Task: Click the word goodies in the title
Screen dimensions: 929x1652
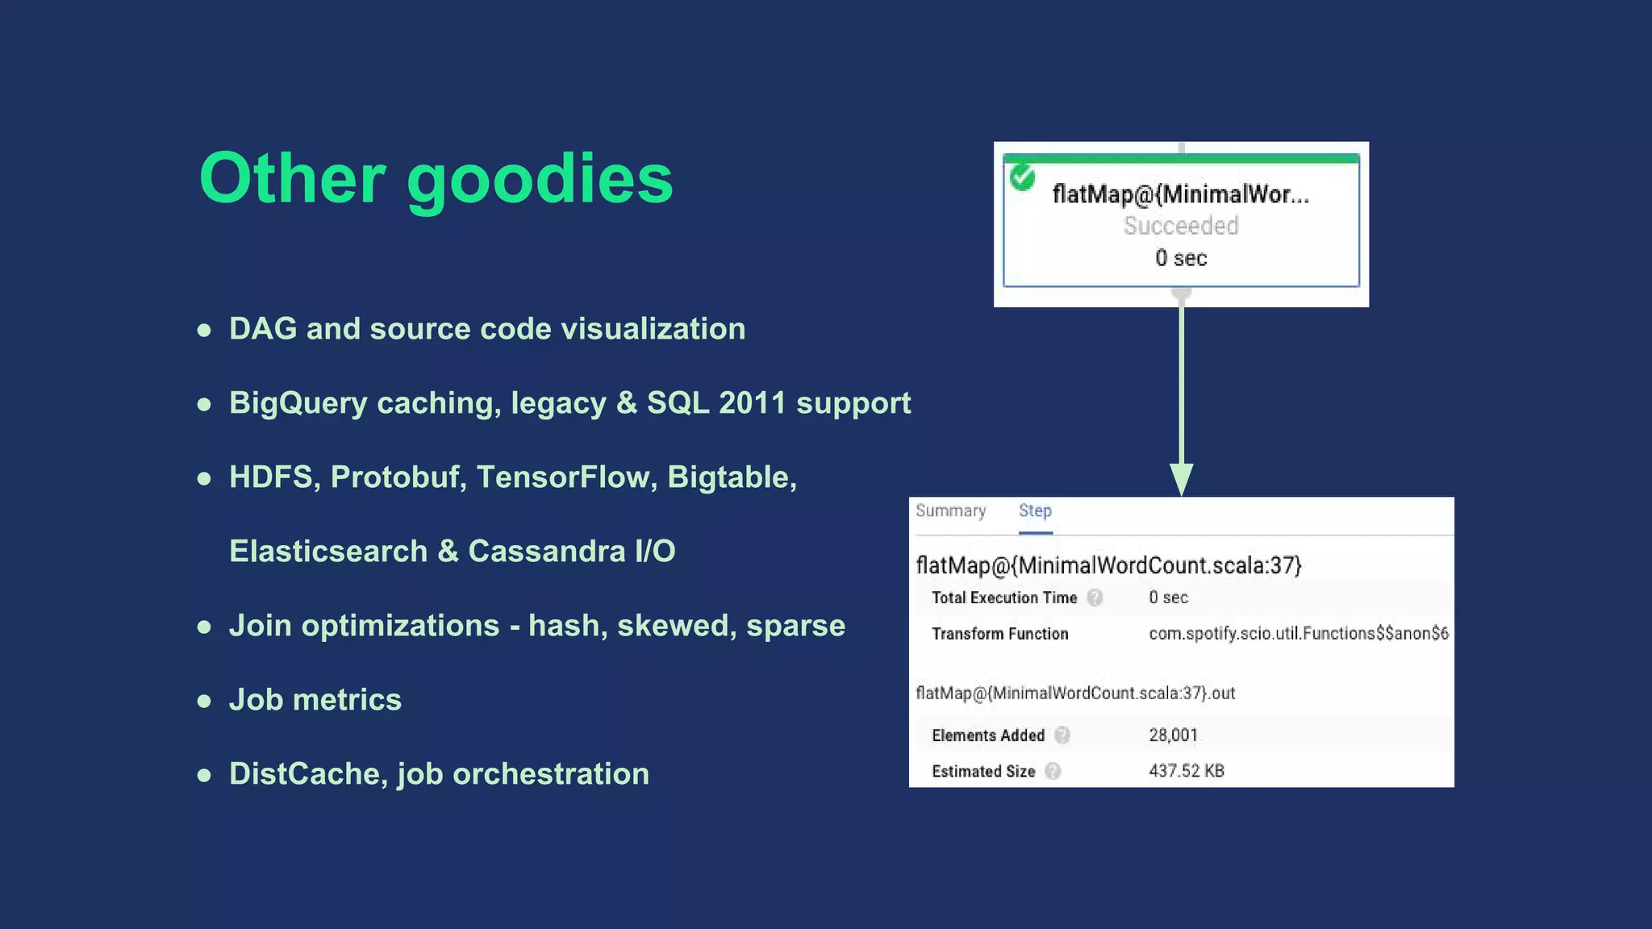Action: [x=540, y=181]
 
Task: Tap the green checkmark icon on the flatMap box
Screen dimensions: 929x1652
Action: [x=1023, y=177]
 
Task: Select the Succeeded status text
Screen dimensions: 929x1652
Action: [x=1181, y=226]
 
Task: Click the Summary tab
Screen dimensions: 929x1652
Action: [x=950, y=511]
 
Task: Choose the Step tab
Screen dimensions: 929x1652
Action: [x=1035, y=511]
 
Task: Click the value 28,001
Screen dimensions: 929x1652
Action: [x=1173, y=735]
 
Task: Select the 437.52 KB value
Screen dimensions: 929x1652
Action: [x=1186, y=771]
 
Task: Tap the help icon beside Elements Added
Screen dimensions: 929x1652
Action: [x=1062, y=735]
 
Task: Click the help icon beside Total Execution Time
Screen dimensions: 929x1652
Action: [x=1095, y=598]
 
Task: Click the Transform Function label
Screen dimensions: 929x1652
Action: [x=999, y=634]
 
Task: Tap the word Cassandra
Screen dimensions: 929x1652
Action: [x=546, y=552]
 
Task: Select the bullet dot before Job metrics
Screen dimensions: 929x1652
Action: [x=205, y=701]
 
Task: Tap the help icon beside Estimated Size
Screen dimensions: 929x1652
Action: [x=1053, y=771]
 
